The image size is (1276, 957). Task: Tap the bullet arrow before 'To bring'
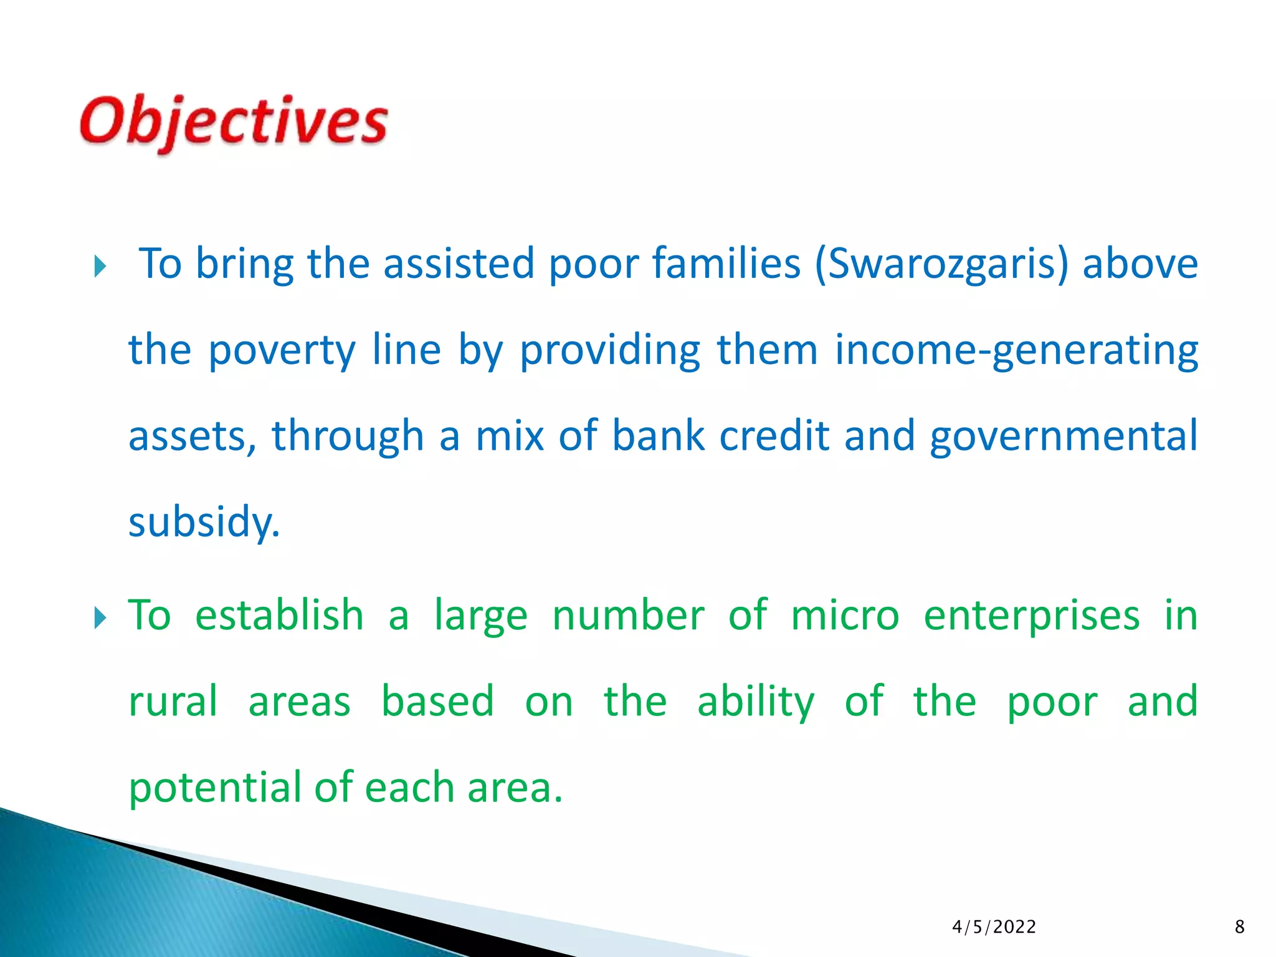pos(100,267)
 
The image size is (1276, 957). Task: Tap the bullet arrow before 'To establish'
pos(100,619)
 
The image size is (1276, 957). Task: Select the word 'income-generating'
pos(1016,351)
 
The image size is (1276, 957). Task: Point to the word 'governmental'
pos(1063,436)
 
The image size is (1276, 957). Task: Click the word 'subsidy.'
pos(204,522)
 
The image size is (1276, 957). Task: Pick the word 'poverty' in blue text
pos(282,351)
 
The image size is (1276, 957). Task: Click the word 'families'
pos(726,263)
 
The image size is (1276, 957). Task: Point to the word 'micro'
pos(845,616)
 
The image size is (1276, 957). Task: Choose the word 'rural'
pos(173,702)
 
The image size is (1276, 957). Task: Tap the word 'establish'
pos(279,616)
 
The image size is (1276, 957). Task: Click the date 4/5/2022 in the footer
pos(994,927)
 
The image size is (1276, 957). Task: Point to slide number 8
pos(1239,927)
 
